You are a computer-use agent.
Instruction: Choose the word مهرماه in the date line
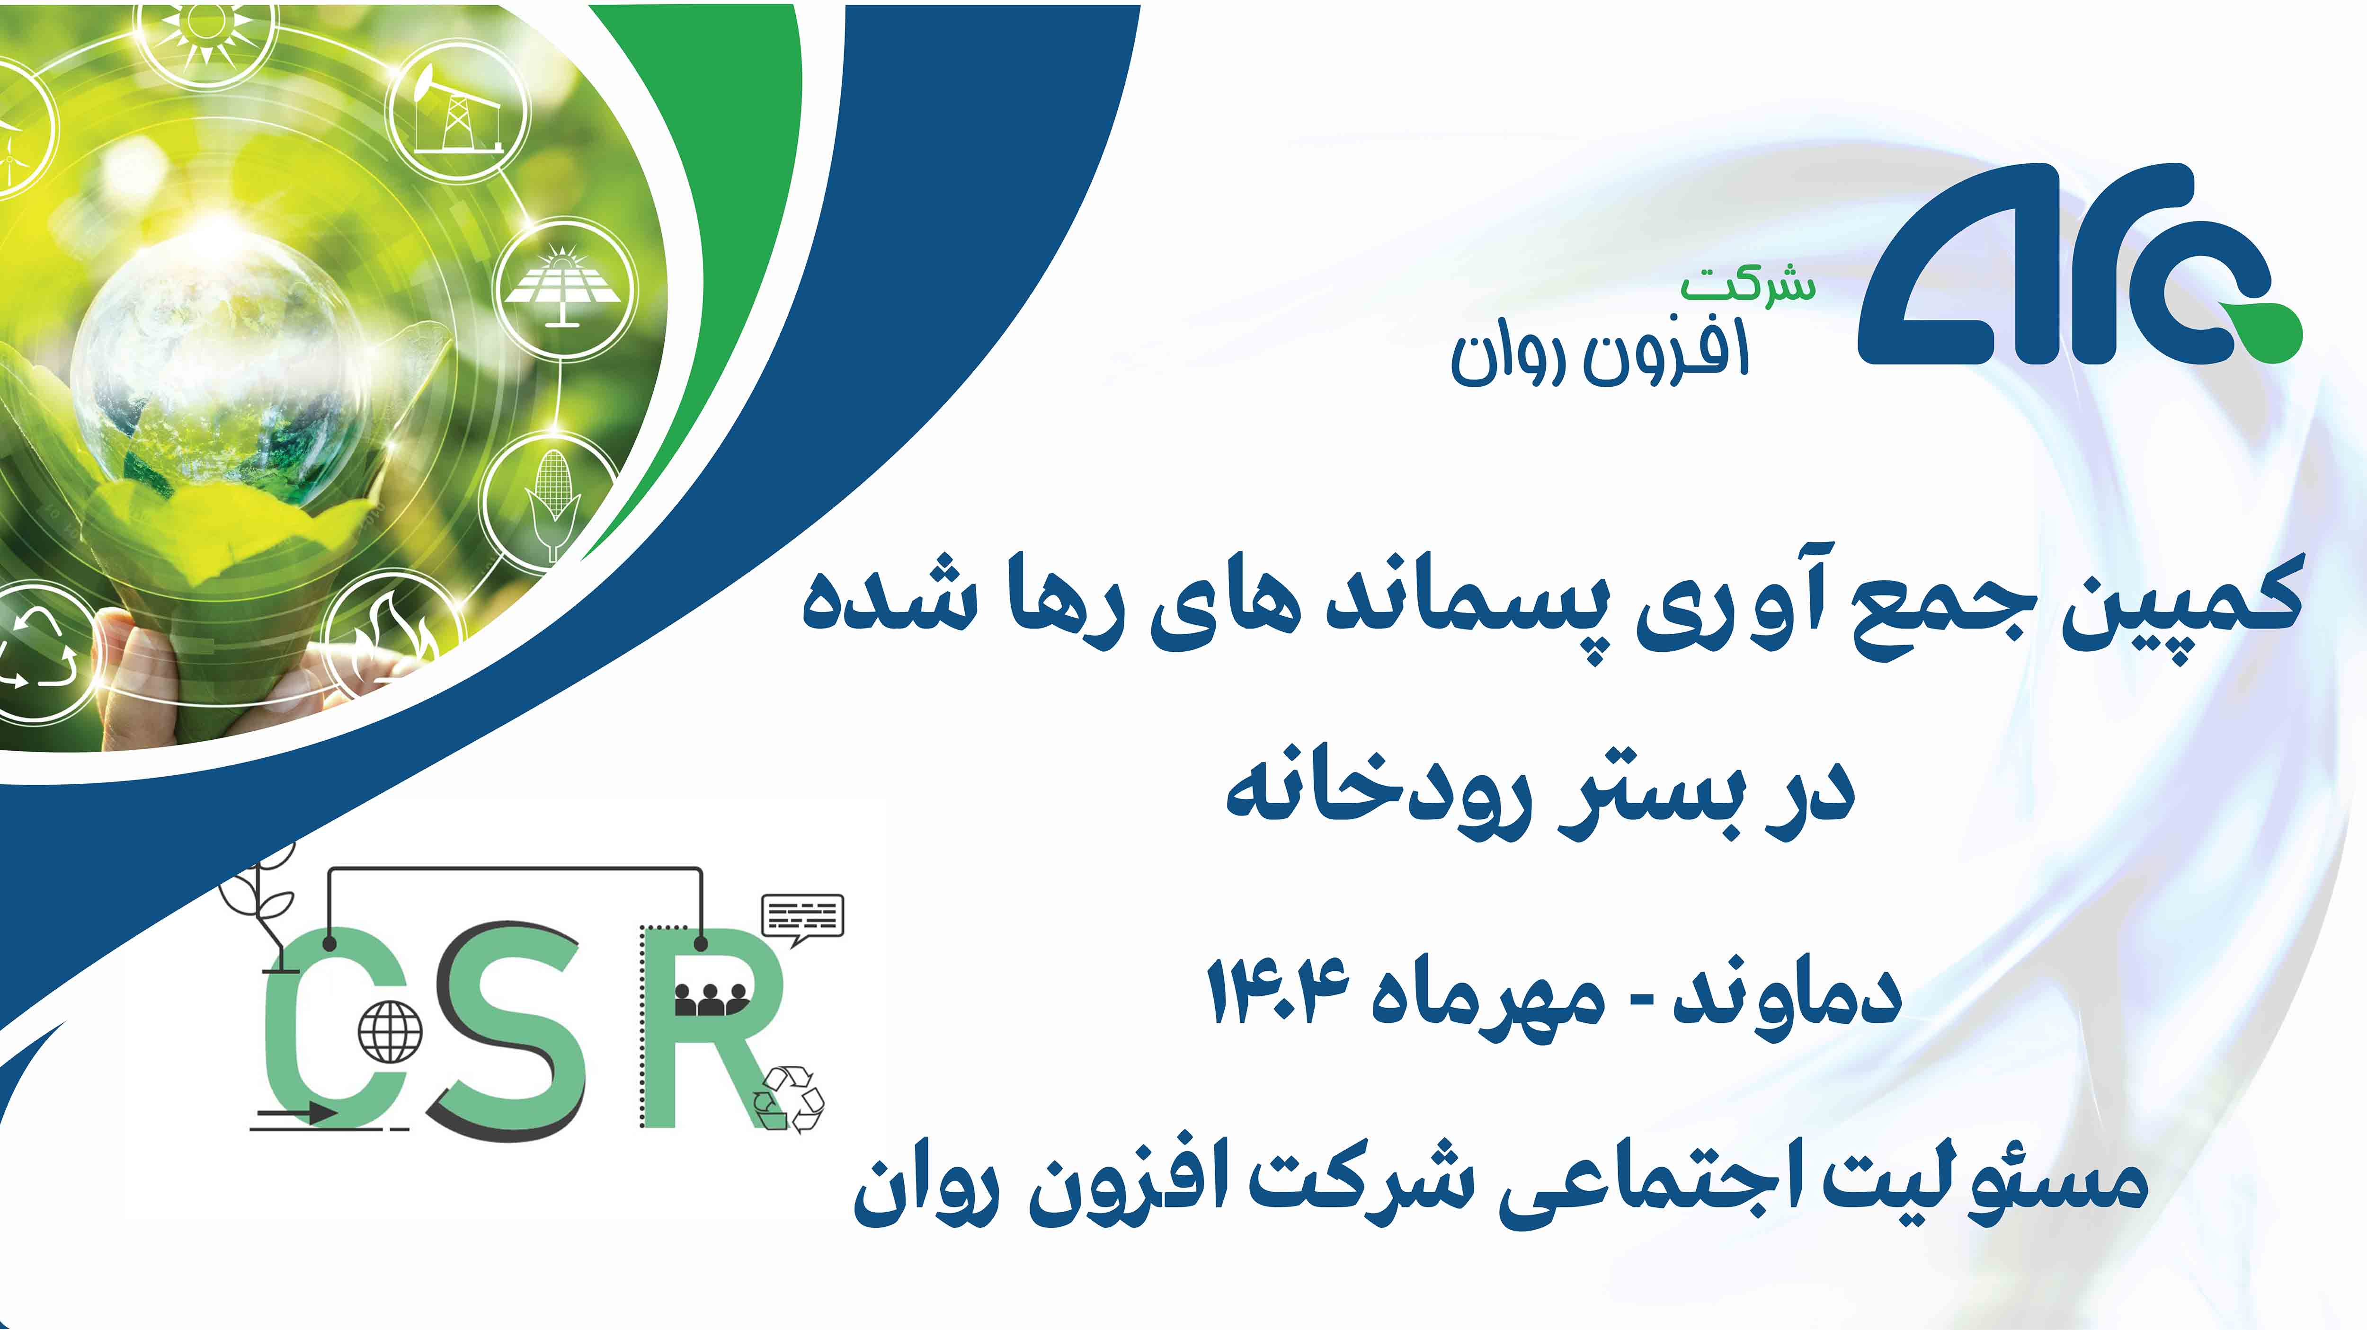point(1488,1001)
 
